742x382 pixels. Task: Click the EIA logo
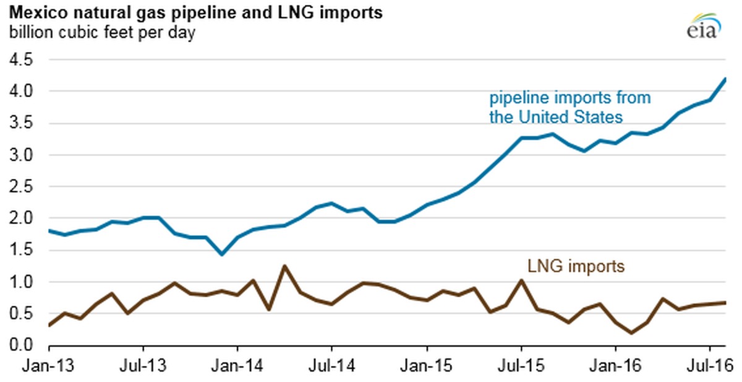pyautogui.click(x=701, y=25)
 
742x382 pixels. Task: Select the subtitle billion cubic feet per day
pyautogui.click(x=102, y=32)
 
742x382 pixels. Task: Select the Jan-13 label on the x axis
pyautogui.click(x=50, y=365)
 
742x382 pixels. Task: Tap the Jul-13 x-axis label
pyautogui.click(x=143, y=365)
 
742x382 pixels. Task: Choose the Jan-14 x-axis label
pyautogui.click(x=238, y=365)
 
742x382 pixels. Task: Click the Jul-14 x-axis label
pyautogui.click(x=331, y=365)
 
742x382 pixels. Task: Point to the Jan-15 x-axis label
pyautogui.click(x=427, y=365)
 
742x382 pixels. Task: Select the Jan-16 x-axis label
pyautogui.click(x=615, y=365)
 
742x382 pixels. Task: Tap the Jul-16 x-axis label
pyautogui.click(x=709, y=365)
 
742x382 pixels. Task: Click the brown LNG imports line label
pyautogui.click(x=576, y=266)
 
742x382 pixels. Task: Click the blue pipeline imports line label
pyautogui.click(x=570, y=107)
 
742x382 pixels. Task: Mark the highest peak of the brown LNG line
pyautogui.click(x=284, y=266)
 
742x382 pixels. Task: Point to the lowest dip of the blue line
pyautogui.click(x=221, y=254)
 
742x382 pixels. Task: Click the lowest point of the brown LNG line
pyautogui.click(x=631, y=333)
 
